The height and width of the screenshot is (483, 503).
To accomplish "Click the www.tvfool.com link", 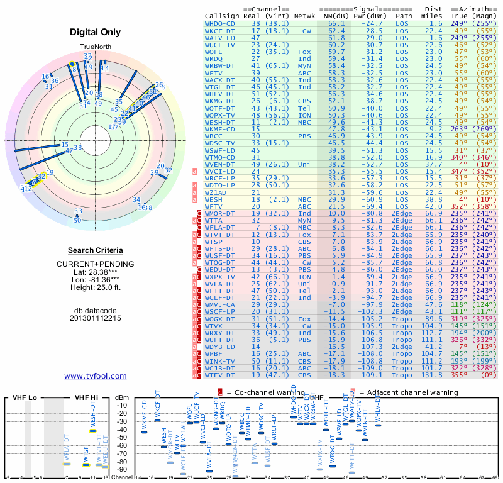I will point(95,376).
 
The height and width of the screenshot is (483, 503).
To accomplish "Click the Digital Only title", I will point(95,32).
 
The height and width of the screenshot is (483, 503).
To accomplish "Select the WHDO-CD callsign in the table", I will point(220,23).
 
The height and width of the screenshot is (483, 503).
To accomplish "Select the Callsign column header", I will point(221,16).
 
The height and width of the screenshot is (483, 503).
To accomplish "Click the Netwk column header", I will point(305,16).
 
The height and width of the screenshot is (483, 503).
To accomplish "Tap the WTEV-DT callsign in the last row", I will point(220,374).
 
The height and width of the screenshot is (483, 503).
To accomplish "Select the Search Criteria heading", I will point(95,250).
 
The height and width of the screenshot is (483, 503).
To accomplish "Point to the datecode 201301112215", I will point(95,318).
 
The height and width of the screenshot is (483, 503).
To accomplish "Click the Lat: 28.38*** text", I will point(95,271).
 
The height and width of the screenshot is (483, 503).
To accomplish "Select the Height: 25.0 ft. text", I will point(95,287).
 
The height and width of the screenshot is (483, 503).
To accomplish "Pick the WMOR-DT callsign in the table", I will point(220,213).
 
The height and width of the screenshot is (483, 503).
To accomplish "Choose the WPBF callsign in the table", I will point(214,354).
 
